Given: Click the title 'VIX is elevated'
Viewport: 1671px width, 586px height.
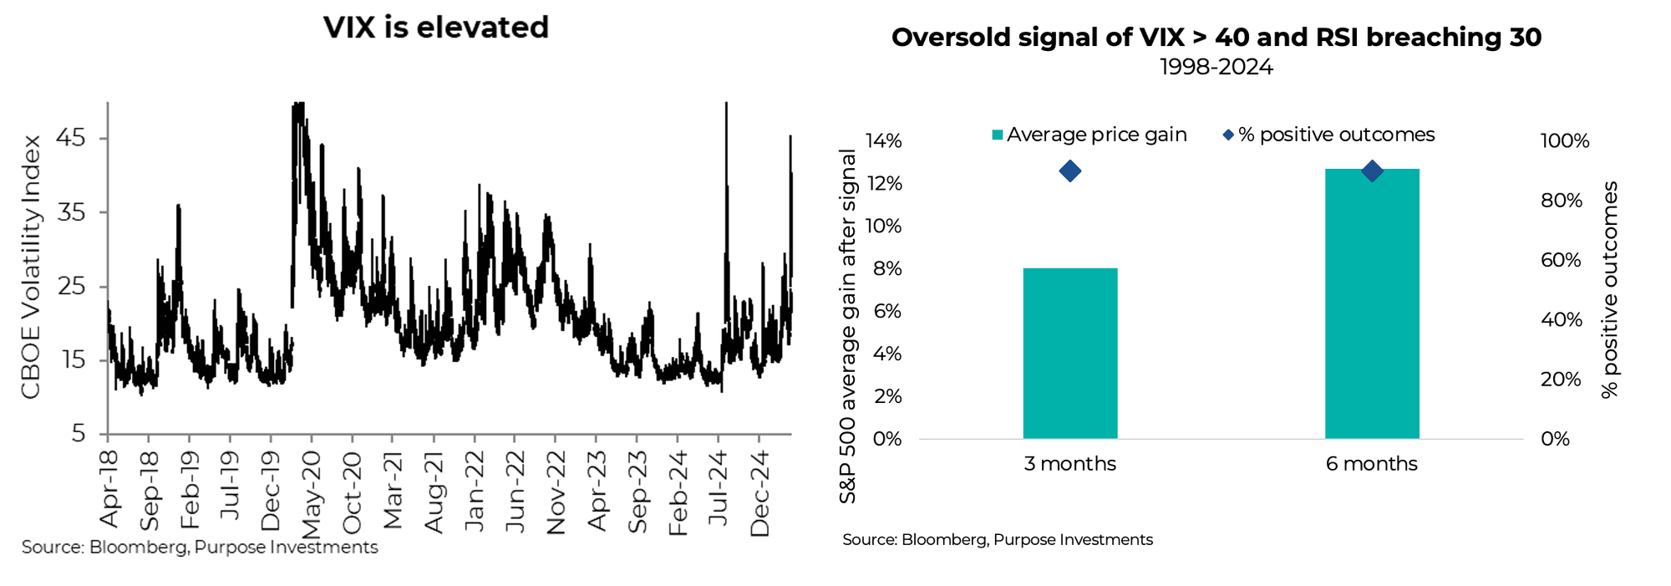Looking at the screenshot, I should [435, 28].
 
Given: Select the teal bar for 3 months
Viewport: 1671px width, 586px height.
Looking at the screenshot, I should [1069, 353].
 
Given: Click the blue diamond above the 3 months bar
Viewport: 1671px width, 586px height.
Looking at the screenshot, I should [1069, 171].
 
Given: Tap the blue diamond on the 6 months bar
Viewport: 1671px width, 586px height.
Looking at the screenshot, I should [1371, 171].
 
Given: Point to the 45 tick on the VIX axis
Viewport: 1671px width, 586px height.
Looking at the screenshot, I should [71, 137].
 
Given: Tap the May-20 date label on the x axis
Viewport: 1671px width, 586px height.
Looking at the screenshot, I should [311, 495].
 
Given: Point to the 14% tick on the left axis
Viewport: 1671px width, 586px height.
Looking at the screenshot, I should [883, 141].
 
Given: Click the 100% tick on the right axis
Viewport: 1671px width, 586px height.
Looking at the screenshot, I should [1564, 141].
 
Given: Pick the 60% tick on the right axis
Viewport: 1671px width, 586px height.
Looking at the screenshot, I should [1561, 260].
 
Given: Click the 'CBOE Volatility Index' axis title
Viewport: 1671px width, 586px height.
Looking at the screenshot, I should [31, 268].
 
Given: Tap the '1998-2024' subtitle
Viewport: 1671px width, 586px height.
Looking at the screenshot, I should [1216, 67].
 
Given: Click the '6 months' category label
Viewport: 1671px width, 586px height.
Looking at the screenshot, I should [1371, 464].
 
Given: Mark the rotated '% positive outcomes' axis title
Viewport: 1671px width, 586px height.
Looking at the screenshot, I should [1609, 290].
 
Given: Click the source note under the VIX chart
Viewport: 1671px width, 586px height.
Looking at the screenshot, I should [200, 548].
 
